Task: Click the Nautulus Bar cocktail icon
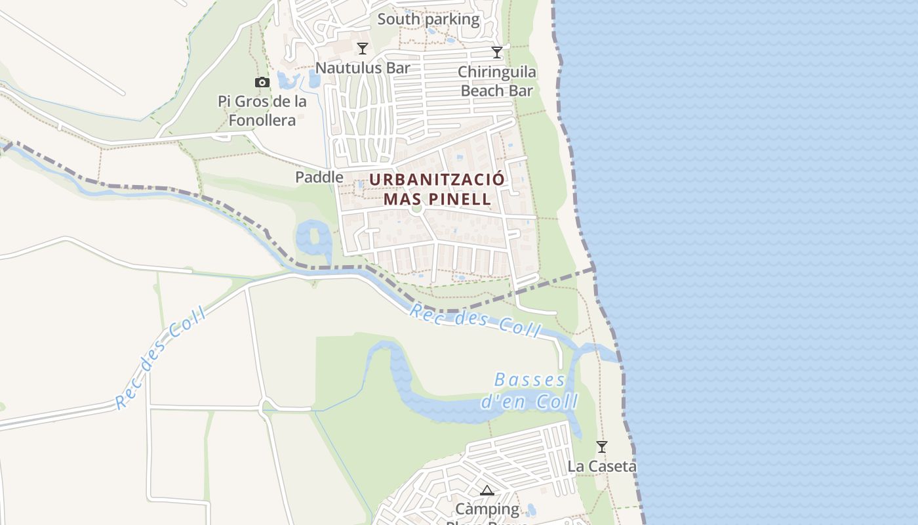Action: (x=362, y=49)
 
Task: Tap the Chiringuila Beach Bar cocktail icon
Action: (x=497, y=52)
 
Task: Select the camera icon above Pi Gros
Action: (x=262, y=83)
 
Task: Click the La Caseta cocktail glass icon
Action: (x=601, y=447)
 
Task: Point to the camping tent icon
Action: (x=487, y=490)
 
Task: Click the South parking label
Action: (x=428, y=19)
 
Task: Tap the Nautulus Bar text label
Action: (x=363, y=68)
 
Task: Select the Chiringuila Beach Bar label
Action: (x=497, y=81)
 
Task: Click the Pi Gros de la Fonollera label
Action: (x=262, y=111)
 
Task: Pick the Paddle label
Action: (x=319, y=177)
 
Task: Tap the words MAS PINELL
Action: (x=437, y=199)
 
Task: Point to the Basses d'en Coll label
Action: (x=530, y=390)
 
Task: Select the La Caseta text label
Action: (x=602, y=467)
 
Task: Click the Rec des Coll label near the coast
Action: (x=476, y=320)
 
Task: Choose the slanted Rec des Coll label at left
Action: (x=161, y=358)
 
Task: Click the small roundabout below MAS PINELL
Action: (x=416, y=211)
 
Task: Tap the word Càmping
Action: (x=487, y=509)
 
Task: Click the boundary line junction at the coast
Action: (x=593, y=269)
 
